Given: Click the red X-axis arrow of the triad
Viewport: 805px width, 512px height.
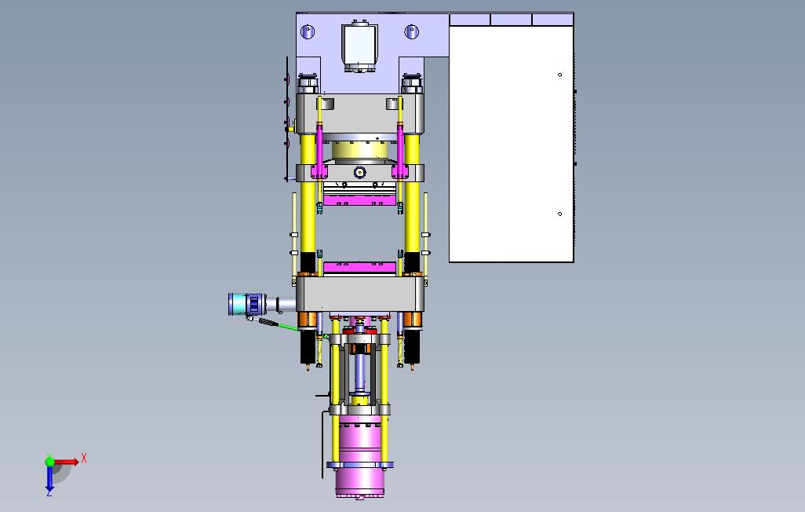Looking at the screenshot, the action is coord(66,462).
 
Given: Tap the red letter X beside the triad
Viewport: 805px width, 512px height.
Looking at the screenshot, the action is coord(84,458).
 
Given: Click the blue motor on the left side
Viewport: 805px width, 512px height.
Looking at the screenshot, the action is coord(246,304).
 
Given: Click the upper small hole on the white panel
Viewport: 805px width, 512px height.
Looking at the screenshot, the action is coord(559,75).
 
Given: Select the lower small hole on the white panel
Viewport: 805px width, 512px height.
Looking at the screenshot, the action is coord(559,214).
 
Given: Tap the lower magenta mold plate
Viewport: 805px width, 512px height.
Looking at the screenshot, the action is coord(359,267).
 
